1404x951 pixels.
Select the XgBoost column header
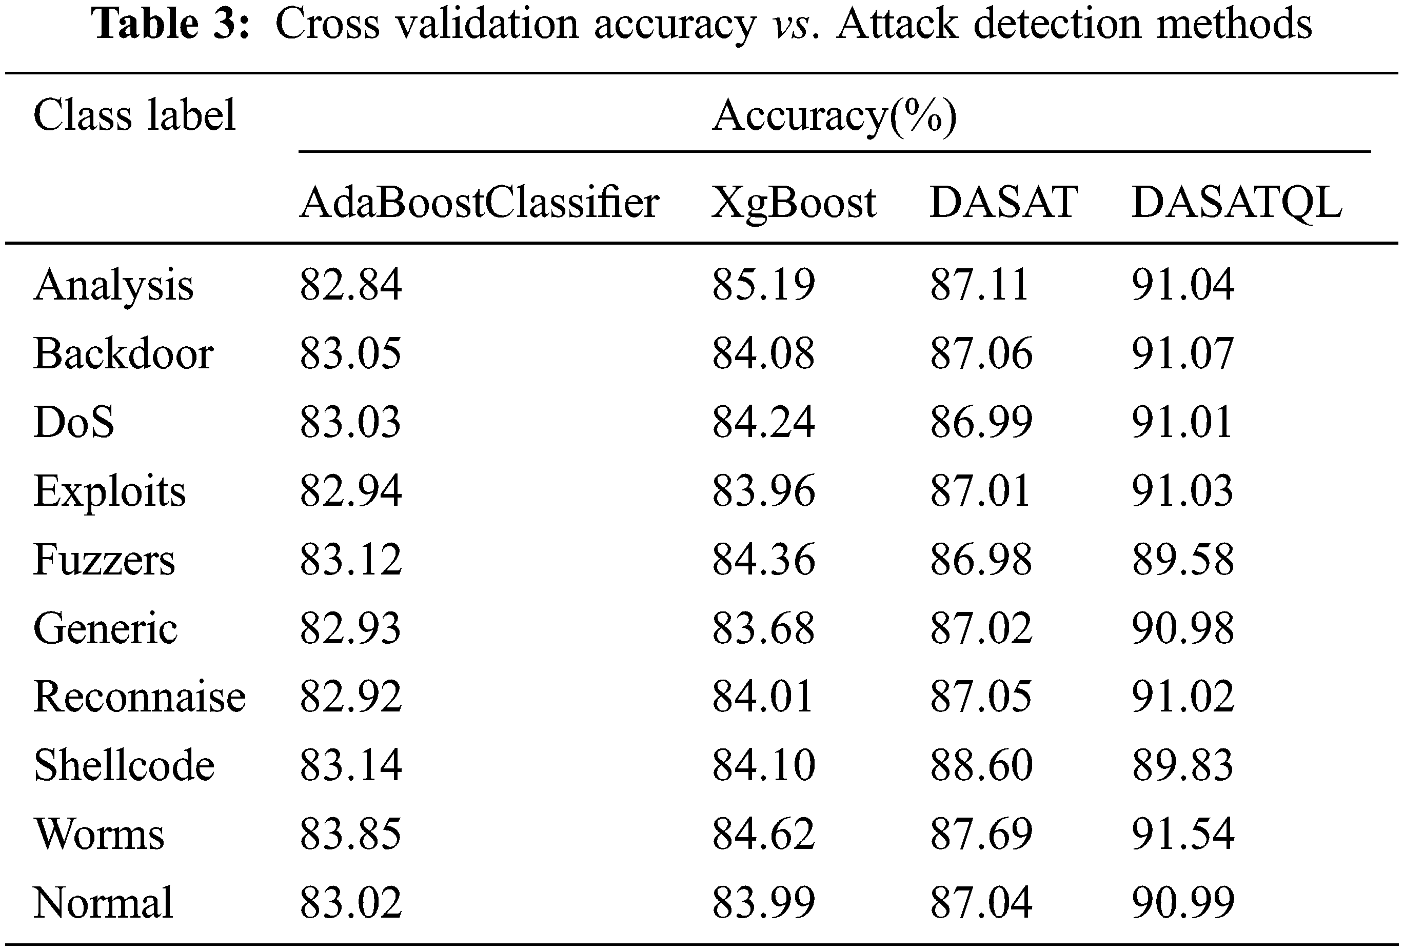(x=793, y=203)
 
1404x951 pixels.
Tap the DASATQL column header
(x=1236, y=203)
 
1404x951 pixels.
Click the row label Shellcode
(x=124, y=765)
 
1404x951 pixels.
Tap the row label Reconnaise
(x=140, y=697)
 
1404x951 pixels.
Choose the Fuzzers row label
(x=104, y=560)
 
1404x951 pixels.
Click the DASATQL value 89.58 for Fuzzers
(x=1182, y=560)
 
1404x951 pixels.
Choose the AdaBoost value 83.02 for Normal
(x=350, y=903)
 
